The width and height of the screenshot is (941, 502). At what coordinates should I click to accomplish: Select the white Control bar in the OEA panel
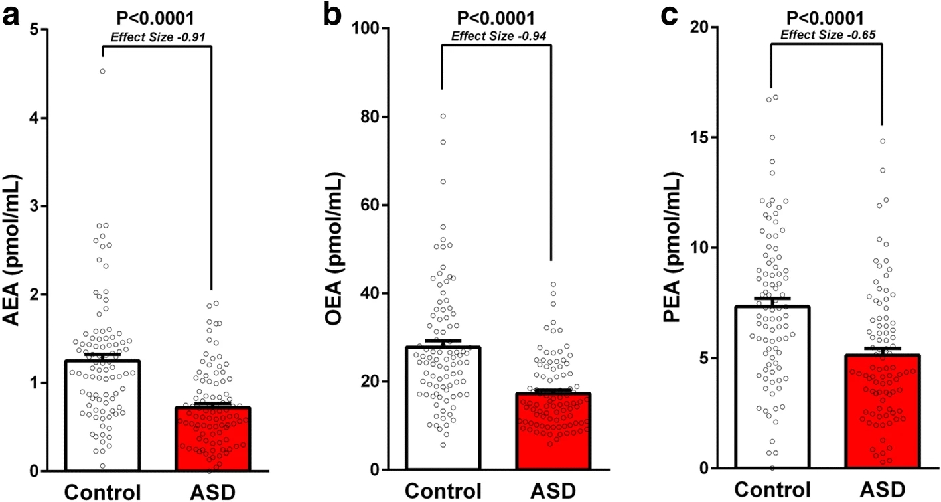pos(443,408)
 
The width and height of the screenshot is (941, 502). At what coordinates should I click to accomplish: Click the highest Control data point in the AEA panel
pos(103,71)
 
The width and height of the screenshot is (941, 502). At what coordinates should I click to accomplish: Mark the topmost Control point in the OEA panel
pos(443,116)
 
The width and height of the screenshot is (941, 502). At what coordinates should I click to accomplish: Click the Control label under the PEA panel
pos(772,490)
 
